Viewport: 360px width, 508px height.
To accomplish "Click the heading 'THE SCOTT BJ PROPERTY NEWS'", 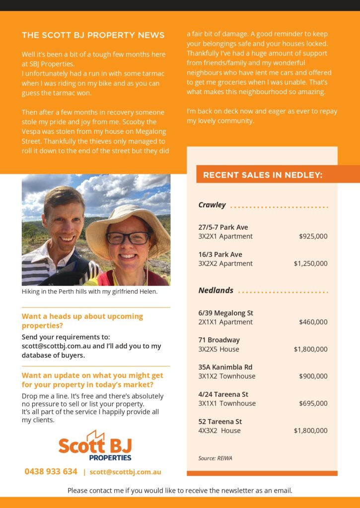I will [93, 35].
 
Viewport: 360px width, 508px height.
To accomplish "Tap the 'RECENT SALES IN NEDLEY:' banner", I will [263, 175].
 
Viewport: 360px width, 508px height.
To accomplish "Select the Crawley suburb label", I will [212, 205].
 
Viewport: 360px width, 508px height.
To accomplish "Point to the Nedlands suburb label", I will [216, 290].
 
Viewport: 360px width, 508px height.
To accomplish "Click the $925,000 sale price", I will [313, 237].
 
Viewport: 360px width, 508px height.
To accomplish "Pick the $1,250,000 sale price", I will [310, 263].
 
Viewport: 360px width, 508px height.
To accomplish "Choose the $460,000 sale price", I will [313, 322].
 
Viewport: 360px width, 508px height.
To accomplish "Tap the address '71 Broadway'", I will [219, 340].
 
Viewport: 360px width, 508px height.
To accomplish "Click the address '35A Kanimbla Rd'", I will [225, 367].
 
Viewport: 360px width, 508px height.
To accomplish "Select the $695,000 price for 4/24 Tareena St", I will [313, 403].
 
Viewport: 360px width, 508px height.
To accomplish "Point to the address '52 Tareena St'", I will [220, 422].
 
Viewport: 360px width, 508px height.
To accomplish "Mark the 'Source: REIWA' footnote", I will [215, 458].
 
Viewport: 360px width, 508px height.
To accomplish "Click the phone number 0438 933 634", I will [51, 471].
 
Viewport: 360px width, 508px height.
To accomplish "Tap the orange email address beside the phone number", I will [125, 472].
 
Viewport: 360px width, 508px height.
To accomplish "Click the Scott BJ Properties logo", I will [95, 445].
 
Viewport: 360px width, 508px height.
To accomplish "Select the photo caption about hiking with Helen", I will [89, 292].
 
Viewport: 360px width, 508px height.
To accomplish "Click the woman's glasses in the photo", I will [128, 238].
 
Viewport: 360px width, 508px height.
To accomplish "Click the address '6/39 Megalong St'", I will [225, 313].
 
